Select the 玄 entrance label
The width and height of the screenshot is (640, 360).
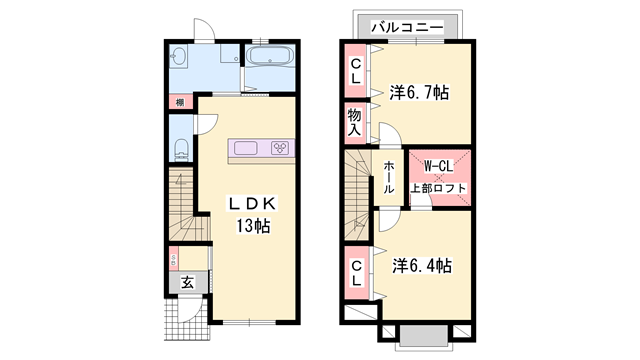coord(187,283)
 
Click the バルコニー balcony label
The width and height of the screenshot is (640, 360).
coord(406,27)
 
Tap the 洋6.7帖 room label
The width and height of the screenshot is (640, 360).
coord(419,93)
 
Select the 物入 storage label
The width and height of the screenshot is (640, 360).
coord(355,122)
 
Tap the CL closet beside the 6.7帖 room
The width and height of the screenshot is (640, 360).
coord(355,70)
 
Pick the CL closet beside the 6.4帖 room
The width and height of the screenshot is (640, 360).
coord(356,271)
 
